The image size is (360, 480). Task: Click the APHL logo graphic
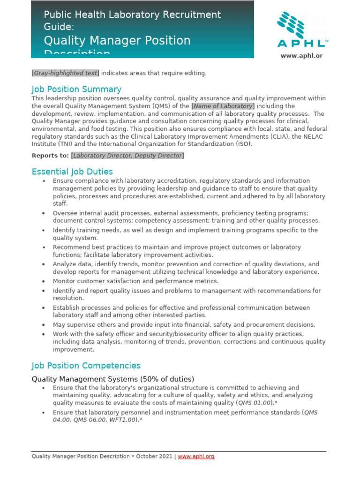tap(302, 30)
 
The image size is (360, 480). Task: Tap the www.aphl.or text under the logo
tap(302, 56)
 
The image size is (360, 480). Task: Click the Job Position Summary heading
tap(76, 89)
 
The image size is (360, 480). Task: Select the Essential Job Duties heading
tap(72, 172)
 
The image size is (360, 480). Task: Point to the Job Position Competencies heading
tap(86, 366)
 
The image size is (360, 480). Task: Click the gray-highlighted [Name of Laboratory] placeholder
tap(223, 106)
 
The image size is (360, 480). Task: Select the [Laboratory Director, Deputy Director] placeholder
tap(127, 156)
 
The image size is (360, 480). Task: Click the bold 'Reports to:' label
tap(50, 156)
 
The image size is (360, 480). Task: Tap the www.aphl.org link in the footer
tap(196, 456)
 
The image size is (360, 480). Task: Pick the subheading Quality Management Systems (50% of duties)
tap(112, 379)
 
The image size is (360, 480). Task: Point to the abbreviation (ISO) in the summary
tap(243, 144)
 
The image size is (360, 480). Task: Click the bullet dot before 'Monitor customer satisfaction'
tap(43, 281)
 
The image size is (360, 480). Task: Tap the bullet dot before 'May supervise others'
tap(43, 325)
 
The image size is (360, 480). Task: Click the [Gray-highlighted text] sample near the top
tap(65, 73)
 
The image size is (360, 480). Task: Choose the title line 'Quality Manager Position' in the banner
tap(117, 40)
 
